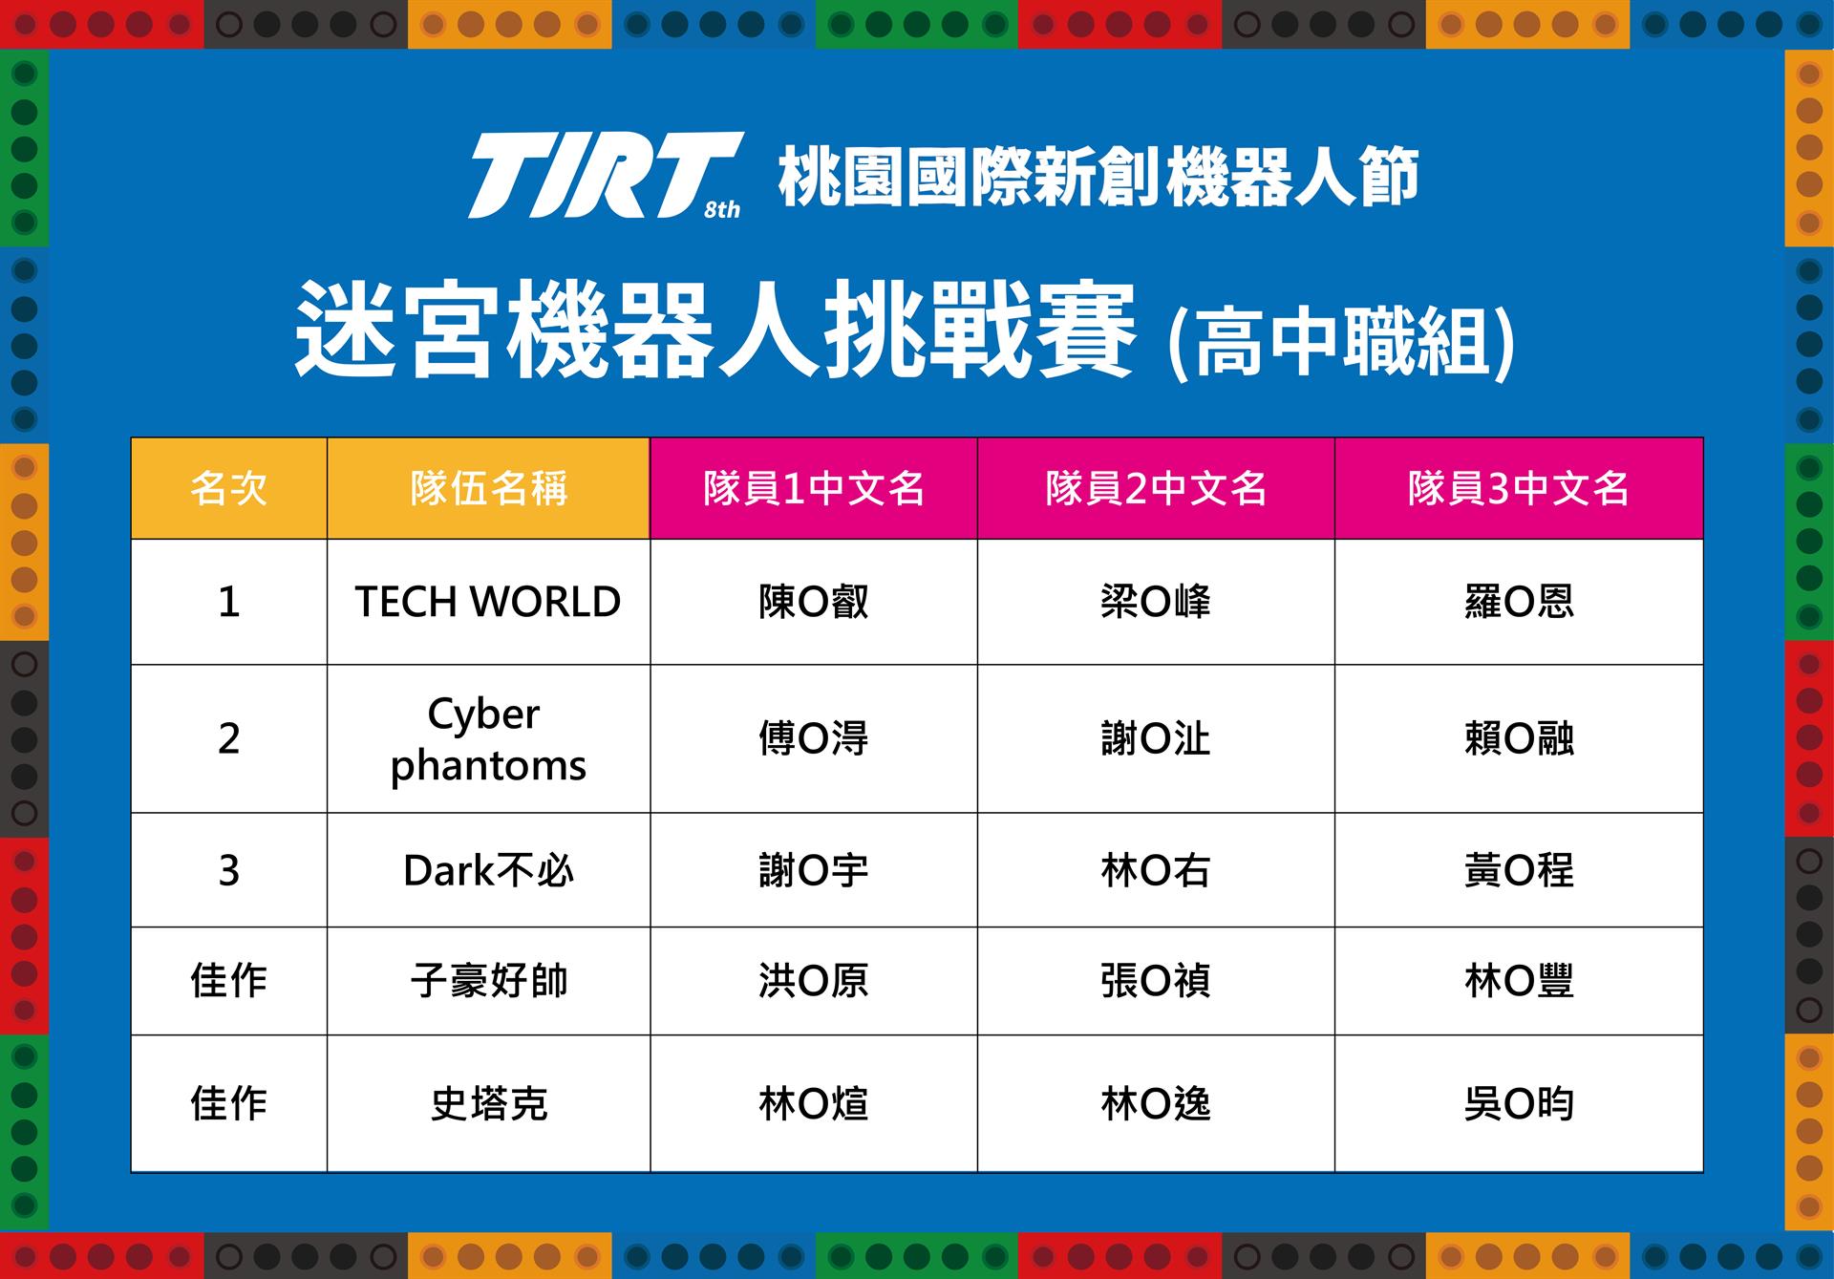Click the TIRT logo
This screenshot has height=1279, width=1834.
[605, 175]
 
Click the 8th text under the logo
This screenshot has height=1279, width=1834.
[722, 210]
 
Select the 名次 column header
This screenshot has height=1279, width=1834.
[229, 488]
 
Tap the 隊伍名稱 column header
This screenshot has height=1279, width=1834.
[488, 488]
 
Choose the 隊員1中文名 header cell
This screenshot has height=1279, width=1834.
[814, 488]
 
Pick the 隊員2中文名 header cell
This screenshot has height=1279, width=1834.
[1156, 488]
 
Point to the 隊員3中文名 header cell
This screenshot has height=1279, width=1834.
[1519, 488]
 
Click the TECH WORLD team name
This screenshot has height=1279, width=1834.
[488, 602]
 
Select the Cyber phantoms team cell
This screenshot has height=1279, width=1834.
[488, 738]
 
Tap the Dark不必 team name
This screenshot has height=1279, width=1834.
[488, 870]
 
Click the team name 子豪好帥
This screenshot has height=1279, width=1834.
[488, 981]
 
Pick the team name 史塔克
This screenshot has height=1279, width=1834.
[488, 1104]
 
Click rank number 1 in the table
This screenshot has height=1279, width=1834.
[229, 602]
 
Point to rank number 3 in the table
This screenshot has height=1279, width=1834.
[229, 870]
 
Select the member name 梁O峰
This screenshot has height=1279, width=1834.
[1156, 602]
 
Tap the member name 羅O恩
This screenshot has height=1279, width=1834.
[1519, 602]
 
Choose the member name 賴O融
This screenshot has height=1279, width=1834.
[1519, 738]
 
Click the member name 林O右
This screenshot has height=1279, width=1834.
[1156, 870]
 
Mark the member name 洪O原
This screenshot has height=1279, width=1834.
[814, 981]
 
